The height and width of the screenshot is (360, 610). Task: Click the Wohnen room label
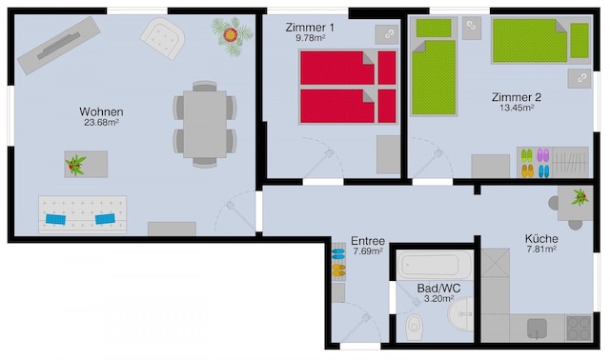[101, 111]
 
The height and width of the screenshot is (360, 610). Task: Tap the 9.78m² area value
[310, 38]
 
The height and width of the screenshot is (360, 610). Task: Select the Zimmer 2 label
[517, 97]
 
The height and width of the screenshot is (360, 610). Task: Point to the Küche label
[541, 238]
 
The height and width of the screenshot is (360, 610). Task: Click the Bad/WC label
[438, 289]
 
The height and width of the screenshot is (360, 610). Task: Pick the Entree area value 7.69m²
[368, 251]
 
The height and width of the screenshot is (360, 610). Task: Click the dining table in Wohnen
[205, 124]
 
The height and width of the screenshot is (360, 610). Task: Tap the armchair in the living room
[163, 38]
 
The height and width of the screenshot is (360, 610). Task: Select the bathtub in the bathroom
[435, 265]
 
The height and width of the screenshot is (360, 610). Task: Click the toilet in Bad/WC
[415, 328]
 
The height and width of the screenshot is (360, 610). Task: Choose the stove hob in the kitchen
[579, 329]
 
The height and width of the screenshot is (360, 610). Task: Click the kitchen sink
[537, 329]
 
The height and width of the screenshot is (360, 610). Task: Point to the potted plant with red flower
[232, 36]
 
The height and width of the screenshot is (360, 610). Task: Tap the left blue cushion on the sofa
[55, 219]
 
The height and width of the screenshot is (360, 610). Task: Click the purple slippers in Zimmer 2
[542, 155]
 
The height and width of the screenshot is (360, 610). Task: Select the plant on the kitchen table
[579, 197]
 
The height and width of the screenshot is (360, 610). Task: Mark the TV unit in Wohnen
[58, 45]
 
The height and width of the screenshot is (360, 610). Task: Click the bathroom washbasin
[461, 314]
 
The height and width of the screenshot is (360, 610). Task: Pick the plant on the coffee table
[76, 165]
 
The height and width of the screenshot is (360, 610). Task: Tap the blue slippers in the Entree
[338, 254]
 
